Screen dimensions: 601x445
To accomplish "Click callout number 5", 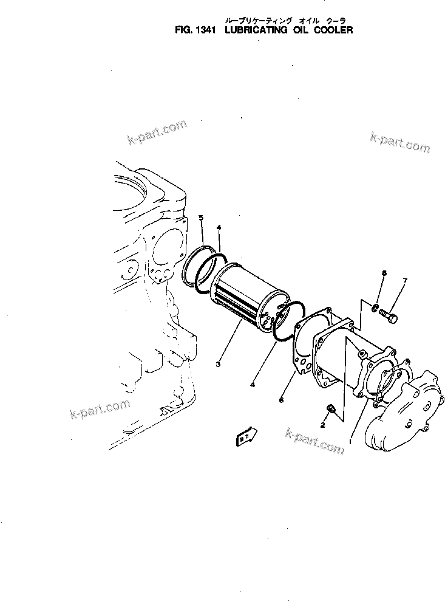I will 202,218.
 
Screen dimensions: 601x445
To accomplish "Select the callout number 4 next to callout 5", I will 219,227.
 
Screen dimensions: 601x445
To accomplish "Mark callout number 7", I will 406,280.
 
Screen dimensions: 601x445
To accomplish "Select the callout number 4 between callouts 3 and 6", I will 251,385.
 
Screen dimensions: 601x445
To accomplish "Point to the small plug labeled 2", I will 331,408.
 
